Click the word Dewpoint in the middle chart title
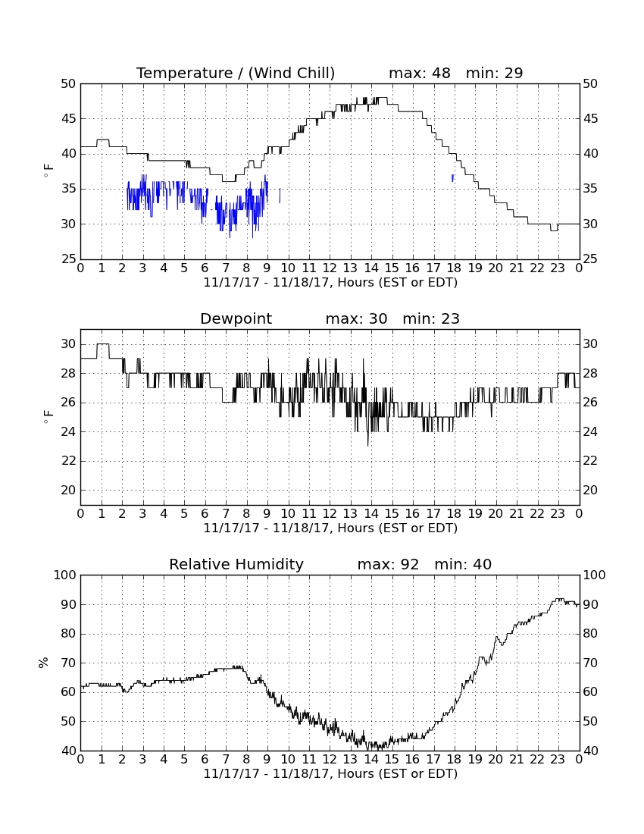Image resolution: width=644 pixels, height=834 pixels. coord(236,318)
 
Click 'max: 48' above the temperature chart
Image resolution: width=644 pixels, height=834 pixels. coord(420,73)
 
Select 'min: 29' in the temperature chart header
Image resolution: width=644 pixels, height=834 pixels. coord(494,73)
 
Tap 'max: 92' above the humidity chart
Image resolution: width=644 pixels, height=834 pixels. coord(388,564)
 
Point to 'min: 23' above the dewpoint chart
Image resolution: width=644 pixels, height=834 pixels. coord(431,318)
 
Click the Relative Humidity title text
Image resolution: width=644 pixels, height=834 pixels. coord(236,564)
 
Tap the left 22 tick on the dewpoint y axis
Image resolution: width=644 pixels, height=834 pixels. coord(68,461)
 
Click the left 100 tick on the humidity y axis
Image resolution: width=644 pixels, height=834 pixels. coord(65,575)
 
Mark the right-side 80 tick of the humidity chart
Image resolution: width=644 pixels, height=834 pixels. coord(590,634)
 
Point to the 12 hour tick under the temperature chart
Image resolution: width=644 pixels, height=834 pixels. coord(330,268)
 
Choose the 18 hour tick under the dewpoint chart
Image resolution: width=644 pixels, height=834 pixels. coord(454,514)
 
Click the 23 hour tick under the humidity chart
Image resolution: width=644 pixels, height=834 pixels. coord(558,760)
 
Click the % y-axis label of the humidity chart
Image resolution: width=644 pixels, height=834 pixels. coord(43,663)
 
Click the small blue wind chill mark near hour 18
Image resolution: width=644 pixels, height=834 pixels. coord(452,178)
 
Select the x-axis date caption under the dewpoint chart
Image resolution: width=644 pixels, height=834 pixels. coord(330,528)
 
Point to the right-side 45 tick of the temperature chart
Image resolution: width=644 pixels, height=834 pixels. coord(590,118)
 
